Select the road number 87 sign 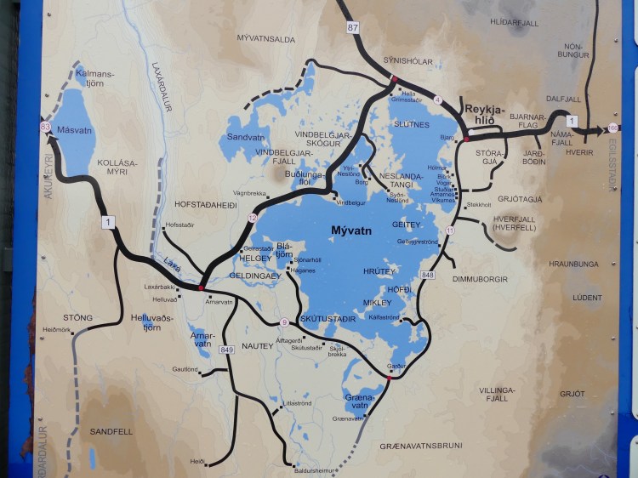[x=353, y=27]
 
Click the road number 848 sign [x=427, y=275]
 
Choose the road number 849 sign [x=226, y=350]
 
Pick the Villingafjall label [x=498, y=393]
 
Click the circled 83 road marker [x=44, y=128]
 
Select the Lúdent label [x=587, y=298]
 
